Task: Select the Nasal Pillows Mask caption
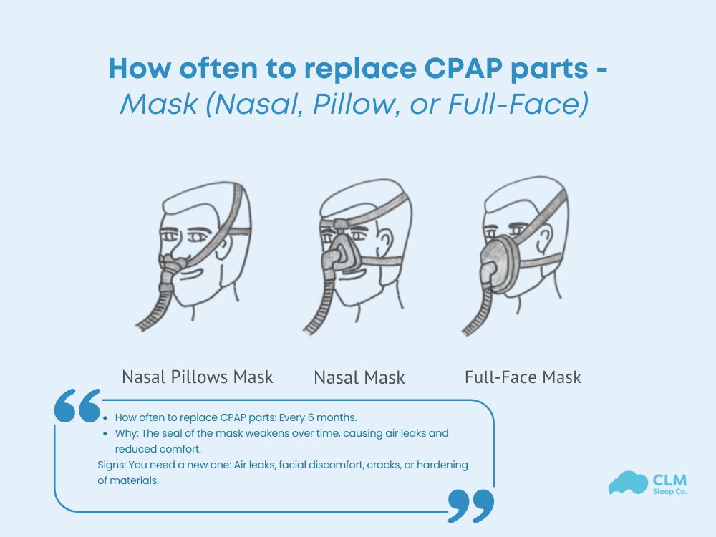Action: pyautogui.click(x=198, y=376)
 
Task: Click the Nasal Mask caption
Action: pyautogui.click(x=359, y=377)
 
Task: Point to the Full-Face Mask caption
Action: pyautogui.click(x=523, y=376)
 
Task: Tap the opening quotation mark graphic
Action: pyautogui.click(x=77, y=406)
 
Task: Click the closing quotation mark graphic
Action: pyautogui.click(x=470, y=505)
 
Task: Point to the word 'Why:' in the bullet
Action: pyautogui.click(x=127, y=434)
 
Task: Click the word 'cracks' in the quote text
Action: pyautogui.click(x=384, y=465)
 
